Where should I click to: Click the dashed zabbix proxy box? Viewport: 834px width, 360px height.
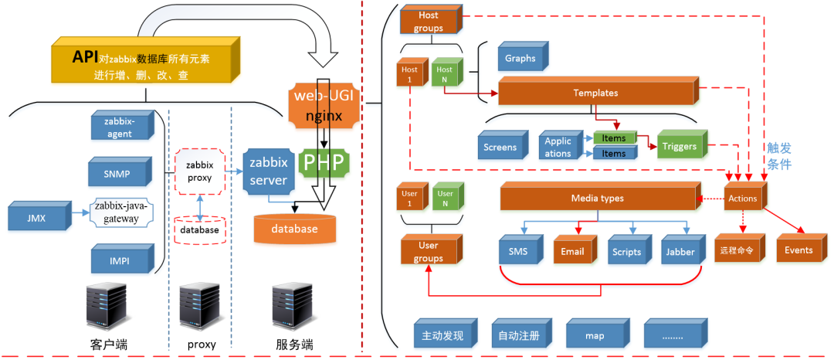click(x=199, y=170)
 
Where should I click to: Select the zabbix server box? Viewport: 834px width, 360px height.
click(x=268, y=172)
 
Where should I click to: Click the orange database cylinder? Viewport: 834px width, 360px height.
click(x=294, y=229)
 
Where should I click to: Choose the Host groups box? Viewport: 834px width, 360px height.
click(x=428, y=21)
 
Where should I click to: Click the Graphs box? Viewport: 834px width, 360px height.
click(x=520, y=58)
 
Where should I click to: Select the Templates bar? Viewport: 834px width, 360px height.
click(x=595, y=93)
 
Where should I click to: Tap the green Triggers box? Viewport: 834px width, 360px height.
click(x=680, y=146)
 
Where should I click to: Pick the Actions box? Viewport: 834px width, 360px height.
click(x=743, y=199)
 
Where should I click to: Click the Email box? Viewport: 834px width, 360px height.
click(x=572, y=252)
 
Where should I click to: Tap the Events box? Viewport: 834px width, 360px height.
click(x=798, y=250)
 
